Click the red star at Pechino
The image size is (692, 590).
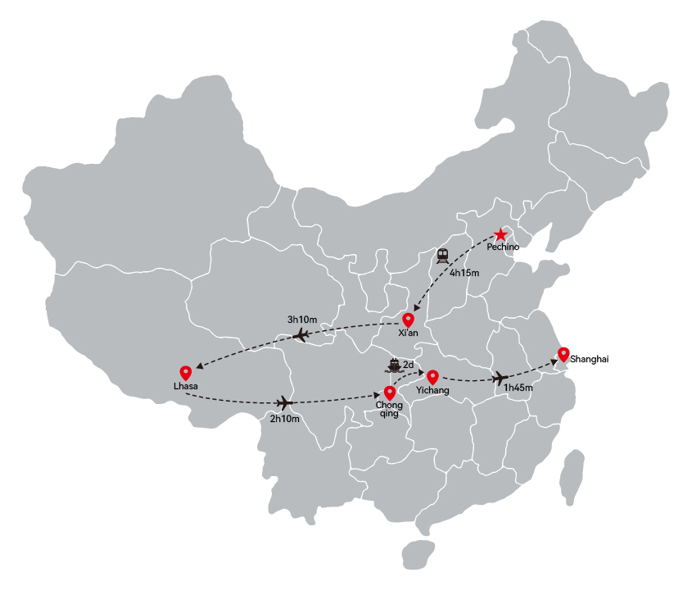(x=500, y=234)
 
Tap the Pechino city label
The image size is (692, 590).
(x=503, y=247)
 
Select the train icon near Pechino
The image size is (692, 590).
(x=443, y=256)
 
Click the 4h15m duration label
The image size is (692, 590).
(x=464, y=273)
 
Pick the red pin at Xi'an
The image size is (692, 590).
(x=408, y=320)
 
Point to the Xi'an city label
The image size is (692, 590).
(x=408, y=333)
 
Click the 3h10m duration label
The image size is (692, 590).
(x=302, y=320)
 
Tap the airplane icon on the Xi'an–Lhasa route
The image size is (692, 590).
(x=301, y=336)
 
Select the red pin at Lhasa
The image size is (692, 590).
(x=186, y=373)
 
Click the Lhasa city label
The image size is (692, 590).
(x=186, y=386)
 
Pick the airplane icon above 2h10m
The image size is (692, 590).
(x=285, y=402)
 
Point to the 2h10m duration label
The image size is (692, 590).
(x=285, y=419)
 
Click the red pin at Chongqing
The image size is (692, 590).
(x=390, y=393)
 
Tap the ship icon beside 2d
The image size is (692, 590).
(x=394, y=365)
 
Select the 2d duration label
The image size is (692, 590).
(x=409, y=365)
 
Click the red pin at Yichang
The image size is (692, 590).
(x=433, y=377)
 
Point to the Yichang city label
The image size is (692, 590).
(x=433, y=390)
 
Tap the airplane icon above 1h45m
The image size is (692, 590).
(x=500, y=378)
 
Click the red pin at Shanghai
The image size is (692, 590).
(x=563, y=355)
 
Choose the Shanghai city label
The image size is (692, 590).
(x=589, y=359)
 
